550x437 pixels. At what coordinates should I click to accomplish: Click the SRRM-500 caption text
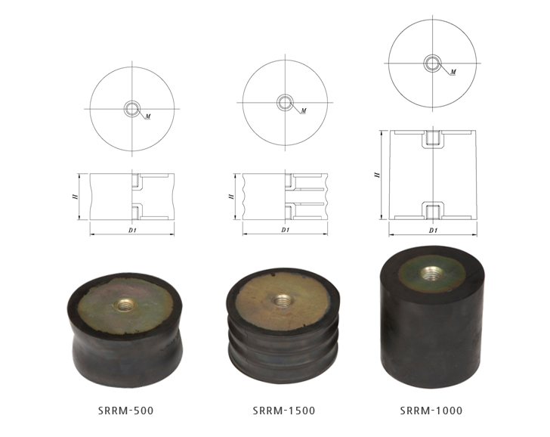click(x=126, y=411)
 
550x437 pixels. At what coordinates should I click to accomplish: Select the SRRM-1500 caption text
click(x=284, y=411)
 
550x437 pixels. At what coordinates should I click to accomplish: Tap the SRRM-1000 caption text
click(x=431, y=411)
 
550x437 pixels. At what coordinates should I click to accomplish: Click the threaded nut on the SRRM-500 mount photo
click(x=124, y=305)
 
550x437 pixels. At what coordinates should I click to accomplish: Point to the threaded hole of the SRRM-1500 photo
click(x=282, y=300)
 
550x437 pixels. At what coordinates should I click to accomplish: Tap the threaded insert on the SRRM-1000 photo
click(x=432, y=273)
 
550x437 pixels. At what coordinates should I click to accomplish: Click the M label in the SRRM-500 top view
click(x=148, y=116)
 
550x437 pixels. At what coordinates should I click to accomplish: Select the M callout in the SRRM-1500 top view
click(x=304, y=110)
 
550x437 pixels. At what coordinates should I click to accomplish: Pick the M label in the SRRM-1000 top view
click(x=453, y=72)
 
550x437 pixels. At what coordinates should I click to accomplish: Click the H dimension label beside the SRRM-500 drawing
click(x=75, y=197)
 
